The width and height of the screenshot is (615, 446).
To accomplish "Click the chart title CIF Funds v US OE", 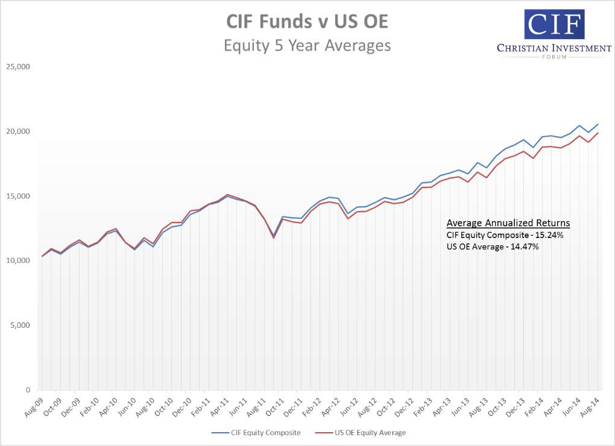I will pos(307,22).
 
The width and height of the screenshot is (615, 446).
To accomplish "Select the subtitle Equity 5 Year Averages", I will pos(307,45).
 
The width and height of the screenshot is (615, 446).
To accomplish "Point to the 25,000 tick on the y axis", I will pos(17,67).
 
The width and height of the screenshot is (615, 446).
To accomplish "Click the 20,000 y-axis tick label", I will pos(17,131).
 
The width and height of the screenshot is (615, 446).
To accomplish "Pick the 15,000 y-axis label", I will pos(17,196).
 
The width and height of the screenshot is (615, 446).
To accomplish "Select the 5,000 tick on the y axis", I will pos(19,325).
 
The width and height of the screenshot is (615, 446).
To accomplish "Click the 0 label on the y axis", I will pos(28,390).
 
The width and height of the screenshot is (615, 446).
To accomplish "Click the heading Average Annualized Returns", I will pos(508,223).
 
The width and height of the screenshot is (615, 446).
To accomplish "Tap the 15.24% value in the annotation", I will pos(549,235).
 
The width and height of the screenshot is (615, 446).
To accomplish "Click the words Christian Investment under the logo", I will pos(554,48).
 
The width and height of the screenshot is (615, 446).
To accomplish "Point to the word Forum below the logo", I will pos(554,58).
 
